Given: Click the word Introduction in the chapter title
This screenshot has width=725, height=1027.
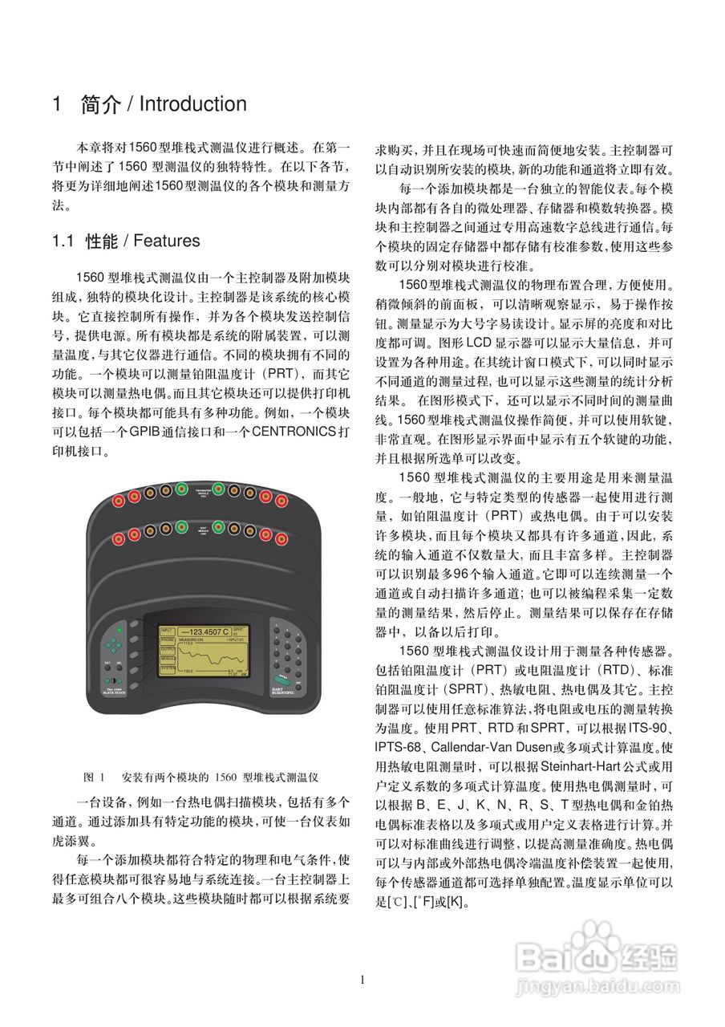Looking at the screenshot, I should [x=192, y=104].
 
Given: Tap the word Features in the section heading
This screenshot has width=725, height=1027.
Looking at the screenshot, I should [x=167, y=241].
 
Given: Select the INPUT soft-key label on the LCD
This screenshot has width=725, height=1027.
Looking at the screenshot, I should [x=166, y=631].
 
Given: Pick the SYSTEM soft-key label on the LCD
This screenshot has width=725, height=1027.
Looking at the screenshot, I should [x=167, y=668].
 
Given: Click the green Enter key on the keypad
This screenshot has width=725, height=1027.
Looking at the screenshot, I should [x=283, y=677].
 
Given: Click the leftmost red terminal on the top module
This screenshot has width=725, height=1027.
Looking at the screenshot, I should [x=118, y=501].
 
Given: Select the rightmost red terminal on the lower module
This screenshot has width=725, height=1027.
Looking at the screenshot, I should [x=281, y=538].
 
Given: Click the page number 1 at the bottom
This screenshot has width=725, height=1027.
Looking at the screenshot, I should [x=362, y=980].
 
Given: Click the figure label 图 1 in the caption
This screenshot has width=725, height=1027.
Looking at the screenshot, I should [x=95, y=778].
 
